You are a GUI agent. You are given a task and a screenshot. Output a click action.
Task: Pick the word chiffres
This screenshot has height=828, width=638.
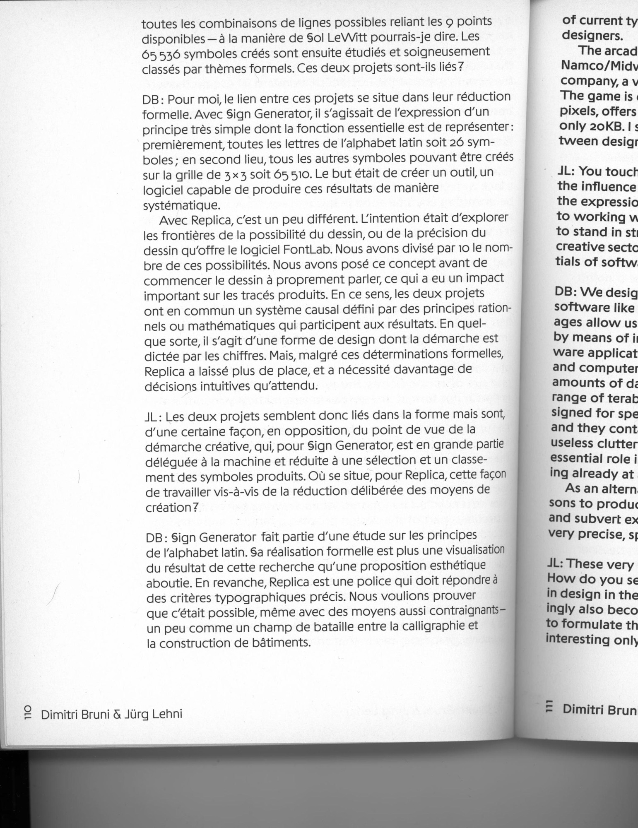(x=244, y=356)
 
